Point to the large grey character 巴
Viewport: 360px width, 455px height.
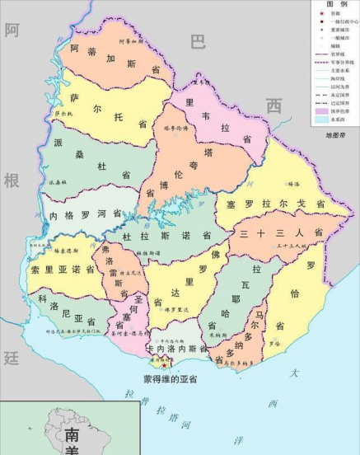198,42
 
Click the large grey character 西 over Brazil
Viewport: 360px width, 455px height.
274,106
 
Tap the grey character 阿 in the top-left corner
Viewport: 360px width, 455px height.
12,31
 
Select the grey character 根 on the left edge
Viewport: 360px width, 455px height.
11,181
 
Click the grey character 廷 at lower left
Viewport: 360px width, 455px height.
11,357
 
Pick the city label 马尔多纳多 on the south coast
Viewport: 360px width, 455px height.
244,362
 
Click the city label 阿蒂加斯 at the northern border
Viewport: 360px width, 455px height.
132,41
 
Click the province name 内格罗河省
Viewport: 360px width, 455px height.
80,214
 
